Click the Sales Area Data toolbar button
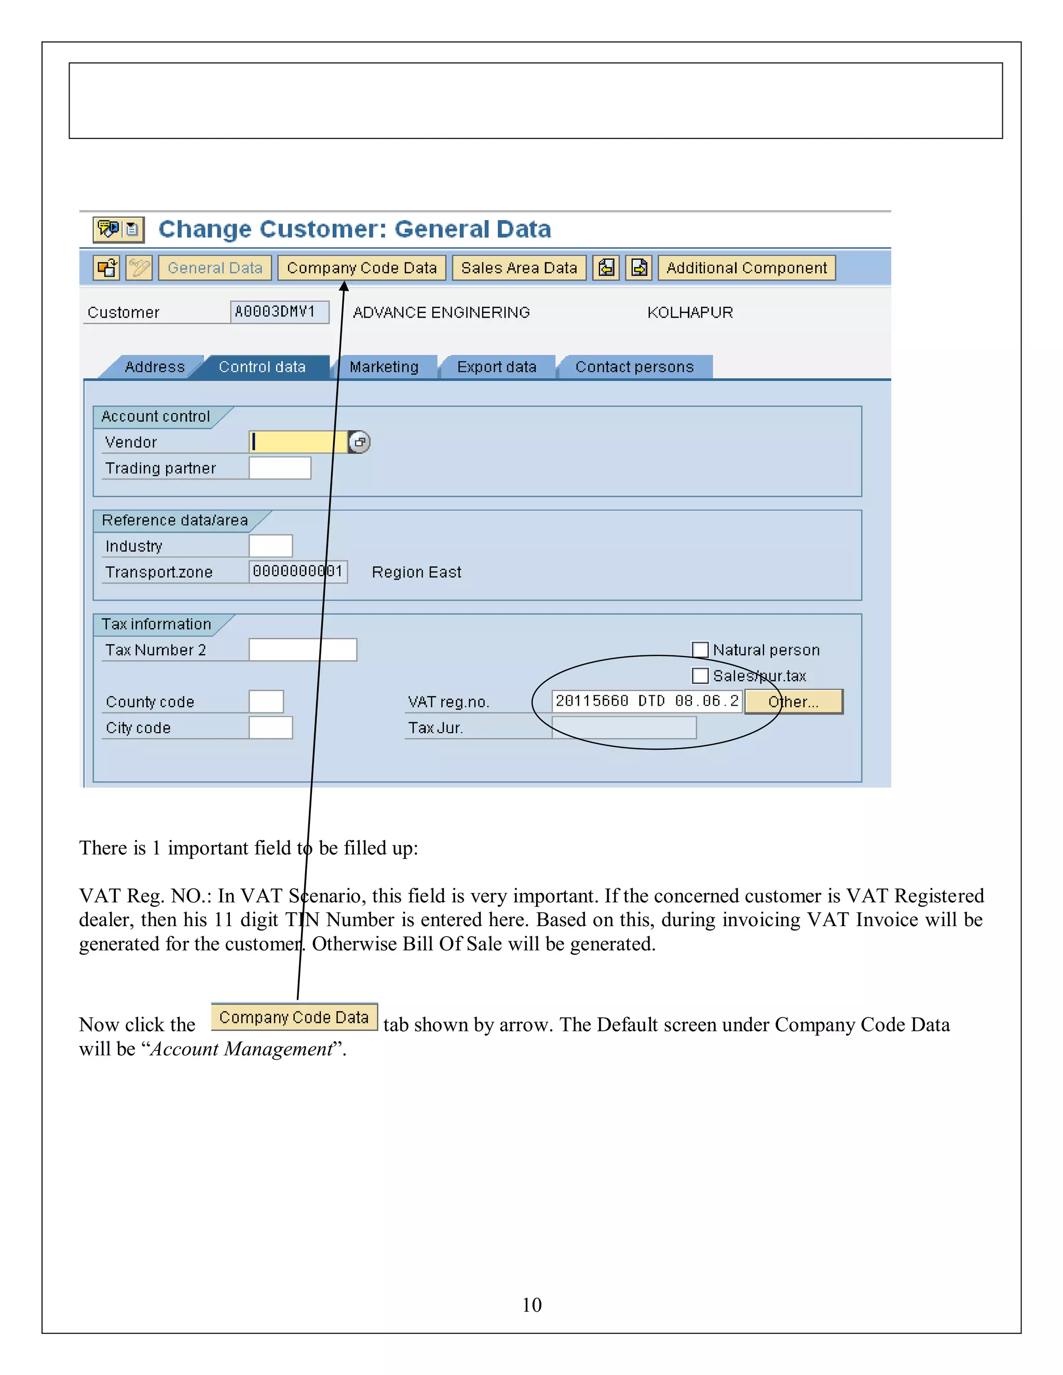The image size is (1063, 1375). pos(519,268)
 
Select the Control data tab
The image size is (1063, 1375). pos(262,367)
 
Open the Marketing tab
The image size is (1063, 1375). pos(384,367)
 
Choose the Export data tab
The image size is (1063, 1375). pos(497,367)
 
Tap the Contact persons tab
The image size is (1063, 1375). pos(634,367)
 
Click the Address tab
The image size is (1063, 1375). pos(155,367)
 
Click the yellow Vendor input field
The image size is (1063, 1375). pos(298,442)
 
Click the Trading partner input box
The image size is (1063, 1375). pos(280,468)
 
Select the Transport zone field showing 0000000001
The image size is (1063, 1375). pos(298,572)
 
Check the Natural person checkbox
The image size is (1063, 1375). pos(700,649)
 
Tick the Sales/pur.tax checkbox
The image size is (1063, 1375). pos(700,676)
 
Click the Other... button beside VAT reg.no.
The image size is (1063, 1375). pos(793,702)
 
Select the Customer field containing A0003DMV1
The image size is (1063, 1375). pos(279,312)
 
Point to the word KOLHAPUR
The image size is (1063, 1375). pos(690,312)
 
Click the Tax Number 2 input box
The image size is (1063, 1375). pos(302,650)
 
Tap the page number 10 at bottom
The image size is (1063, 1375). pos(531,1304)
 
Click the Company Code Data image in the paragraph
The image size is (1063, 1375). pos(294,1017)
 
